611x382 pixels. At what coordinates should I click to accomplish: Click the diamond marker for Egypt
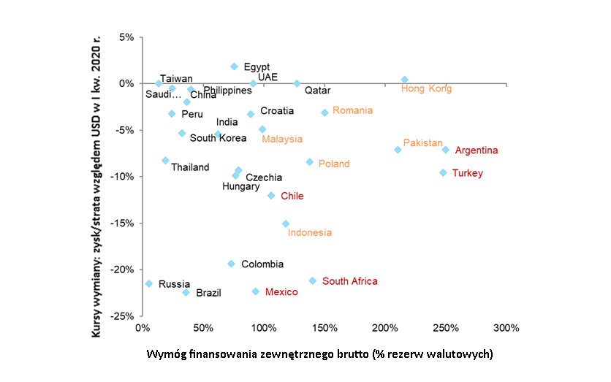pyautogui.click(x=234, y=66)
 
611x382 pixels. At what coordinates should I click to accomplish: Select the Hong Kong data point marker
pyautogui.click(x=405, y=80)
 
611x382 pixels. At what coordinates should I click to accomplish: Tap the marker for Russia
pyautogui.click(x=149, y=283)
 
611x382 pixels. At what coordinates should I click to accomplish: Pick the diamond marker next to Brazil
pyautogui.click(x=186, y=292)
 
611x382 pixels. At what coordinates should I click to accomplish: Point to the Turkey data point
pyautogui.click(x=443, y=172)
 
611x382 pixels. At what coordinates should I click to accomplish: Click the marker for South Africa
pyautogui.click(x=313, y=280)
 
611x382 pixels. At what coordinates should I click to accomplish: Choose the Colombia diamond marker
pyautogui.click(x=231, y=264)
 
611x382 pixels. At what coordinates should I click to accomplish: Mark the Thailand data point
pyautogui.click(x=165, y=161)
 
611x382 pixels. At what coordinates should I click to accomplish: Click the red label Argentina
pyautogui.click(x=477, y=150)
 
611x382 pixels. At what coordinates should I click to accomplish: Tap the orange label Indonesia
pyautogui.click(x=310, y=233)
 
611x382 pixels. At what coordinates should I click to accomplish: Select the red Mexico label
pyautogui.click(x=281, y=292)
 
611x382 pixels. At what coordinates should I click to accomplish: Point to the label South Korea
pyautogui.click(x=218, y=138)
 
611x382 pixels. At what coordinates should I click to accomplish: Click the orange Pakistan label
pyautogui.click(x=423, y=142)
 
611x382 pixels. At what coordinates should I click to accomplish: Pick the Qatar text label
pyautogui.click(x=318, y=91)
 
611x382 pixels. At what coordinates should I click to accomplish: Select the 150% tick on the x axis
pyautogui.click(x=325, y=327)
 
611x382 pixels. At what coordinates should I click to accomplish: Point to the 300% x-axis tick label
pyautogui.click(x=506, y=327)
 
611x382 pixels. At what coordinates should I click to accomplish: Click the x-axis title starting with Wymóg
pyautogui.click(x=320, y=354)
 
